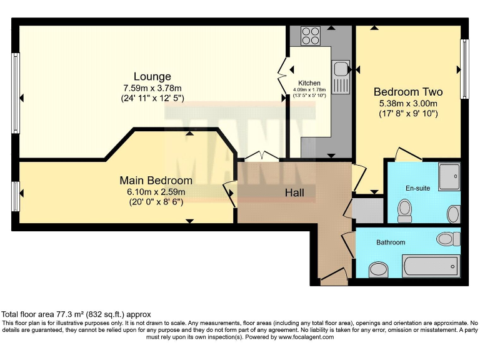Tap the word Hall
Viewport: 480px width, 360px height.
tap(294, 192)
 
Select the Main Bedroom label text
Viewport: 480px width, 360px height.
tap(156, 181)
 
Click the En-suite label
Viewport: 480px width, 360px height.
tap(417, 187)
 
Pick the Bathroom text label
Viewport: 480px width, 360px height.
tap(391, 242)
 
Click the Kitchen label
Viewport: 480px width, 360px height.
tap(309, 83)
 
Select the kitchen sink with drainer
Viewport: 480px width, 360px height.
tap(341, 76)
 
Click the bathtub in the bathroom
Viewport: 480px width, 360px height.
tap(431, 267)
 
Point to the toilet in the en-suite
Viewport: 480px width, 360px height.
tap(405, 210)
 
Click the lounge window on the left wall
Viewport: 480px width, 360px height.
tap(15, 97)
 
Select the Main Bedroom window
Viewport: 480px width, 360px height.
tap(15, 195)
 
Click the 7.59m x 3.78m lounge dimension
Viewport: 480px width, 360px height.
tap(152, 87)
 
